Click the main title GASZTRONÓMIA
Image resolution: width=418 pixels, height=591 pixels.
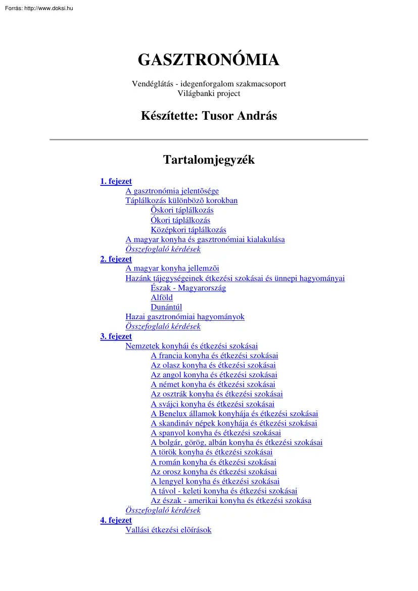208,60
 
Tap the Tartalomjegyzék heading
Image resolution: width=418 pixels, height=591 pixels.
208,160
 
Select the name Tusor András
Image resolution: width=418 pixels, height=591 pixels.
239,116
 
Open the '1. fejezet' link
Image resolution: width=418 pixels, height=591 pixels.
116,181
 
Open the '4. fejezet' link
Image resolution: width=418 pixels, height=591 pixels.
116,520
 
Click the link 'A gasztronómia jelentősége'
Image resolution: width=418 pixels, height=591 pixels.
172,191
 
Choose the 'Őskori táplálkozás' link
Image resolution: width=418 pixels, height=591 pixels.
182,210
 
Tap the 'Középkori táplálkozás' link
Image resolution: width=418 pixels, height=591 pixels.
188,230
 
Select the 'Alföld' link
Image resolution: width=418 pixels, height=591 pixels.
162,298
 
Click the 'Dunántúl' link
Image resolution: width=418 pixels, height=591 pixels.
166,307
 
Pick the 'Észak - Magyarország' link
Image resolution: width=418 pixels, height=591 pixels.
188,288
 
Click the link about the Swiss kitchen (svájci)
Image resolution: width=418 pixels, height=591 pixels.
212,404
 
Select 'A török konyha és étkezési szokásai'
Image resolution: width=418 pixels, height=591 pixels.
211,452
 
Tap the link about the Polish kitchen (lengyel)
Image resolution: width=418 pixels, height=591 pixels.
215,481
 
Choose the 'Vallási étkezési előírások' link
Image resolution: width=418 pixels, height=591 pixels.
168,530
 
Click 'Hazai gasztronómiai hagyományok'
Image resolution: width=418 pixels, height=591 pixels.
184,317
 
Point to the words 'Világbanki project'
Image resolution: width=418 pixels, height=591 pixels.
209,93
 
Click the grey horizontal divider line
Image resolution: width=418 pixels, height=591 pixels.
208,139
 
